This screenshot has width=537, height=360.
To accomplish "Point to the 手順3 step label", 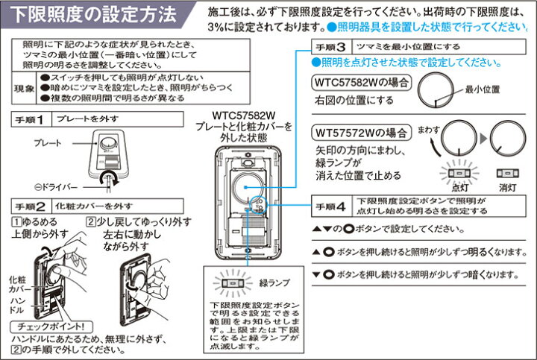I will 330,46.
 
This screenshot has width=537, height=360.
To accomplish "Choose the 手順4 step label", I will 330,205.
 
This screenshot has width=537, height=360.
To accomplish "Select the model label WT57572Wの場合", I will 360,133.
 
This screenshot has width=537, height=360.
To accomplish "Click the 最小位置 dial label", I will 483,89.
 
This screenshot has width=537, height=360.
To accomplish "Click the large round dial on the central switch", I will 248,184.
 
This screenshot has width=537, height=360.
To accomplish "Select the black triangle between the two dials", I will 482,139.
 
